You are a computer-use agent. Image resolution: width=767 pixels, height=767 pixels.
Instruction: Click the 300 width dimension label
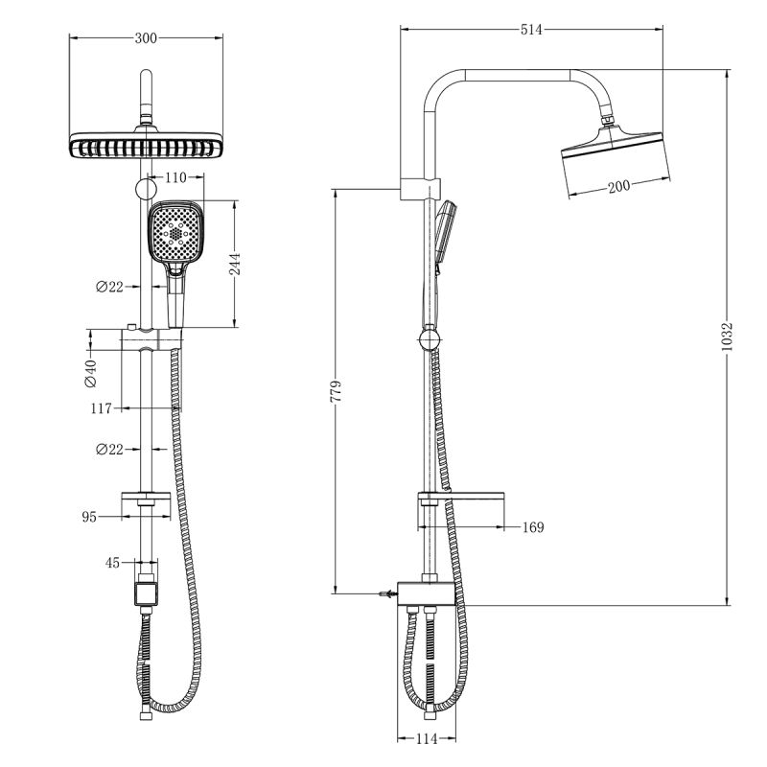pos(146,38)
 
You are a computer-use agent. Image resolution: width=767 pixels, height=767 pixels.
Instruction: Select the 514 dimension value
pos(531,30)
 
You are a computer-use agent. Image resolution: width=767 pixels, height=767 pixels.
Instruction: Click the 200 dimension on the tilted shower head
pos(618,186)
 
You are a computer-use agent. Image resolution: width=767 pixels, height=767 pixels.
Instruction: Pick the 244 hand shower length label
pos(234,264)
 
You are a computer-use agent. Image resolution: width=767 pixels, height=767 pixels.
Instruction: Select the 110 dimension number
pos(175,177)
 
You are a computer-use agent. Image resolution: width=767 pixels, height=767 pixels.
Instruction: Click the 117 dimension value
pos(101,408)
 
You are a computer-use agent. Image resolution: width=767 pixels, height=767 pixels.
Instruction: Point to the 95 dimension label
pos(89,517)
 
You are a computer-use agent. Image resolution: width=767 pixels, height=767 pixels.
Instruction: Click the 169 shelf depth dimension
pos(533,526)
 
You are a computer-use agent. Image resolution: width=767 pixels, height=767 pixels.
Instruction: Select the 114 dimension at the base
pos(427,738)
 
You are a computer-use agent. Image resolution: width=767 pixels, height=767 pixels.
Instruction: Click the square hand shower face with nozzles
pos(175,233)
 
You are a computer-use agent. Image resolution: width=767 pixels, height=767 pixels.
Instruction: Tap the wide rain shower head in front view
pos(147,146)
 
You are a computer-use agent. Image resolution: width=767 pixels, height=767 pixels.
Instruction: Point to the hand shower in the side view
pos(444,235)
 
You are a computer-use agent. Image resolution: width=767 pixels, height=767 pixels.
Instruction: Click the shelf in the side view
pos(460,498)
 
